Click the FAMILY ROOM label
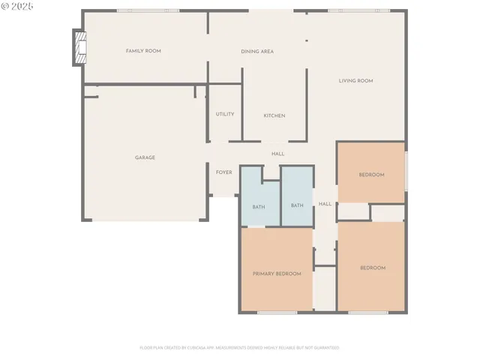(x=142, y=51)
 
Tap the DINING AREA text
(x=256, y=52)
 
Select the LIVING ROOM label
(x=355, y=81)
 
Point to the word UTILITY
(x=225, y=115)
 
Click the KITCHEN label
(x=274, y=115)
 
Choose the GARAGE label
(x=145, y=157)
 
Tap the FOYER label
(x=223, y=172)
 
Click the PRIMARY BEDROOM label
(x=277, y=274)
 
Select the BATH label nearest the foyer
(x=259, y=206)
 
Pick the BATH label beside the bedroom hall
(x=297, y=205)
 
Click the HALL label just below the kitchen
(x=277, y=154)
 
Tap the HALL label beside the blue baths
(x=325, y=204)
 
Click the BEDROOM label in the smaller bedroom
(x=371, y=175)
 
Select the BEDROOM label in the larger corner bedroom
(x=373, y=268)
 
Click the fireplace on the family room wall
(x=79, y=48)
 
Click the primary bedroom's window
(x=277, y=312)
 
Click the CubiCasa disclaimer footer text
(x=239, y=348)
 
